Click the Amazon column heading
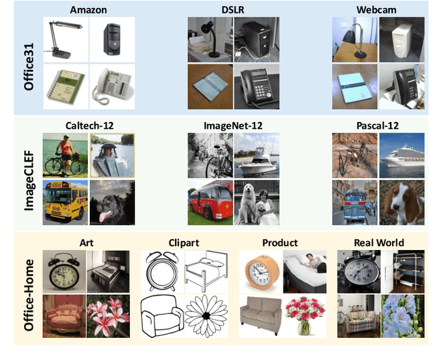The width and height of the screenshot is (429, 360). pos(88,9)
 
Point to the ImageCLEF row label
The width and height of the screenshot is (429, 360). pos(29,173)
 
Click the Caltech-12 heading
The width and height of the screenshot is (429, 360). pos(88,125)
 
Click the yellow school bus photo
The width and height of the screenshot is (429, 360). pos(64,201)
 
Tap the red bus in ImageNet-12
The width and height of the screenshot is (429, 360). pos(209,201)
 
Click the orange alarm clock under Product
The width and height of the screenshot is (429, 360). pos(260,270)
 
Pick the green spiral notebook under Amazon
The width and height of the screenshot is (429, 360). pos(66,87)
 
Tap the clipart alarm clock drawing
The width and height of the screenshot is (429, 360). pos(161,270)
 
